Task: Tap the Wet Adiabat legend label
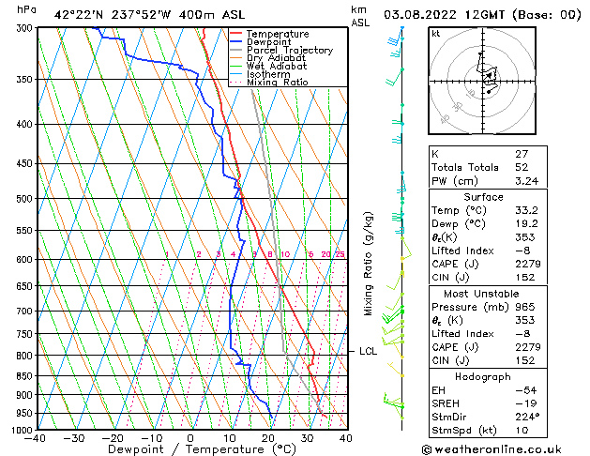pyautogui.click(x=276, y=67)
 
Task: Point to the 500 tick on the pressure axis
pyautogui.click(x=25, y=199)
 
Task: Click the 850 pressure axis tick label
pyautogui.click(x=25, y=375)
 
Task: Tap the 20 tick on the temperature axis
pyautogui.click(x=268, y=437)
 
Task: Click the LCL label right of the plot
pyautogui.click(x=368, y=352)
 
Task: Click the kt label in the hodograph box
pyautogui.click(x=435, y=34)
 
